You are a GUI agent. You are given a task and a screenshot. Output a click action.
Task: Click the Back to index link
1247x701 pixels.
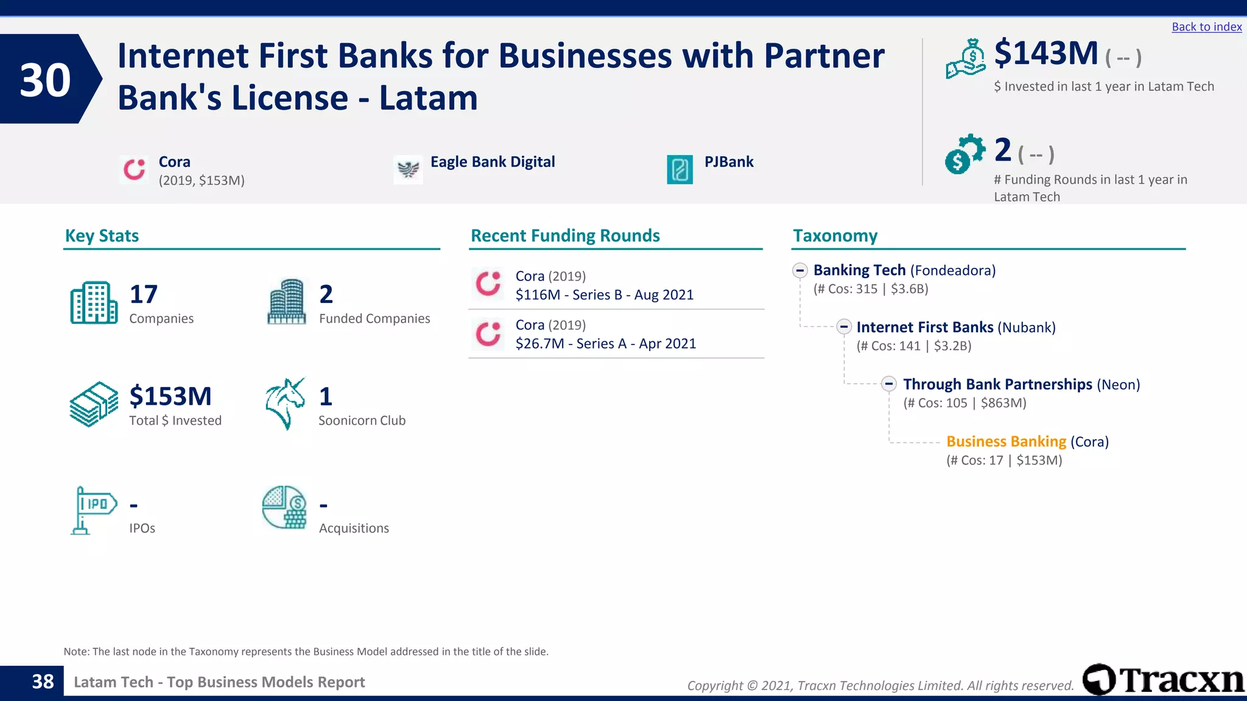[1206, 27]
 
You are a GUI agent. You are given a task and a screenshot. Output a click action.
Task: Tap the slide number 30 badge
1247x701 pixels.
[45, 80]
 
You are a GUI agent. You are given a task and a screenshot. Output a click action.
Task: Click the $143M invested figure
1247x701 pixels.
[1045, 54]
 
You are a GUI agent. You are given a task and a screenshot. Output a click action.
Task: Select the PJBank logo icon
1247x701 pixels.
[680, 170]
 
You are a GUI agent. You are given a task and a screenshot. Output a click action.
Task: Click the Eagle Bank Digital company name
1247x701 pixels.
[492, 162]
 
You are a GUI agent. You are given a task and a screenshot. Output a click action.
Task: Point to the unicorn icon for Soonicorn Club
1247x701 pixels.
[285, 403]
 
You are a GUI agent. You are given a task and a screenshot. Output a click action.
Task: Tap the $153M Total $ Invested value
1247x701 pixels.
[170, 396]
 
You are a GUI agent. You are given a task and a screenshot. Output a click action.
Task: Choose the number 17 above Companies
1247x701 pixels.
[144, 295]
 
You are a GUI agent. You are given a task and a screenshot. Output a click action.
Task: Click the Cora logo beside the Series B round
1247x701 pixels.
[488, 284]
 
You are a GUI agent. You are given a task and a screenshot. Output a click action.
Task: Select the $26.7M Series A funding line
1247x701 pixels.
[605, 344]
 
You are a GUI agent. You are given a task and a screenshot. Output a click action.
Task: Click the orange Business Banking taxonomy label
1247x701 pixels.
[1006, 442]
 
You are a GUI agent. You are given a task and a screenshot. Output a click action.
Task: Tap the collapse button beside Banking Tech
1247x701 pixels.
[800, 271]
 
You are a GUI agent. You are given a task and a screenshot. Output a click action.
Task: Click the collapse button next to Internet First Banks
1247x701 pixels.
[843, 327]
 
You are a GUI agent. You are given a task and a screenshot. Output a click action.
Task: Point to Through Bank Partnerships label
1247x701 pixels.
[997, 385]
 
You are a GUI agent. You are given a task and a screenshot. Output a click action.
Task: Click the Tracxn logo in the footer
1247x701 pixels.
[1163, 680]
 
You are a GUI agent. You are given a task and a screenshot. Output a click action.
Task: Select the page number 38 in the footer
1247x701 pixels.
[43, 682]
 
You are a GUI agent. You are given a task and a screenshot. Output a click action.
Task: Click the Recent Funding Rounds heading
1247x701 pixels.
[565, 236]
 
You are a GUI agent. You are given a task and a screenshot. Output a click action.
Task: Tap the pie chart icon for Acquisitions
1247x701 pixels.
[284, 507]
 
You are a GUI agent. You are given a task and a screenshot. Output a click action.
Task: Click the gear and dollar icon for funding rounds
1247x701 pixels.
[964, 154]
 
